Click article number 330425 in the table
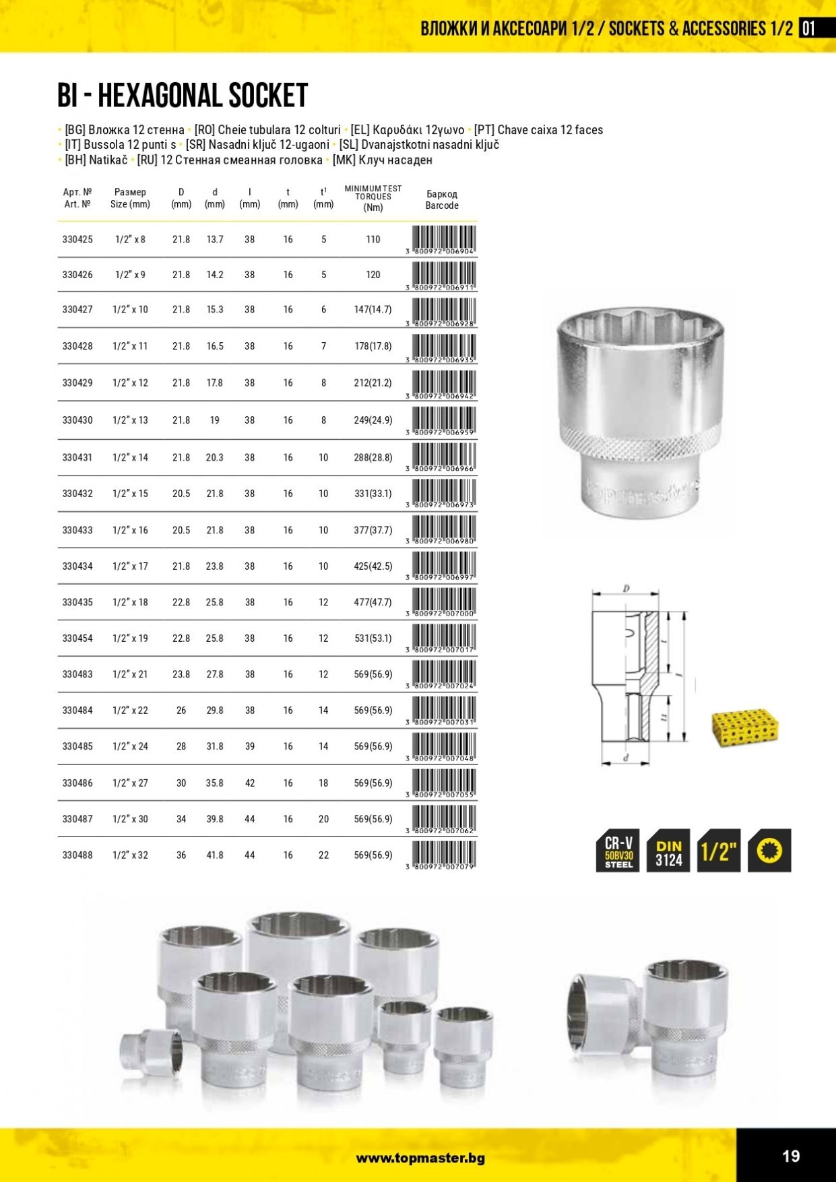[77, 239]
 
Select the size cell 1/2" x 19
[130, 638]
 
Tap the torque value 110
[373, 239]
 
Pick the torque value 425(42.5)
[373, 566]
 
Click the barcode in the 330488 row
[443, 854]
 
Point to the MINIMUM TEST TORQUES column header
[373, 197]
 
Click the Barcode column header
[442, 199]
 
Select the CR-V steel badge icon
[618, 851]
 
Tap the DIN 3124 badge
[668, 851]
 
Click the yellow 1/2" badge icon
[719, 851]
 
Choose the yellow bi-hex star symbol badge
[769, 851]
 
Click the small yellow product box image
[745, 727]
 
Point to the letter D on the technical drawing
[626, 589]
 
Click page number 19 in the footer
[791, 1156]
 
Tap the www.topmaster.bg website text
[420, 1158]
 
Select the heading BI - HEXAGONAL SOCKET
[183, 96]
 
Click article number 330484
[77, 711]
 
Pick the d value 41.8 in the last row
[215, 855]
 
